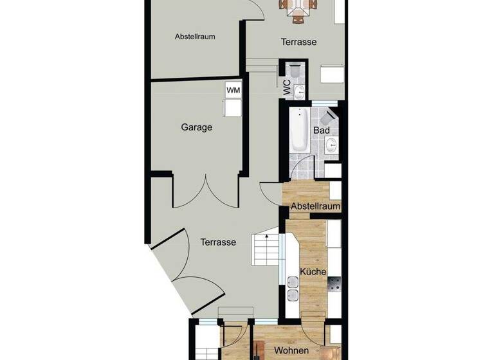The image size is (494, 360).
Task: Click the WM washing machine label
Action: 233,90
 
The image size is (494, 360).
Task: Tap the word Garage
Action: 197,127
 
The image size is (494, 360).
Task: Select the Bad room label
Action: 322,130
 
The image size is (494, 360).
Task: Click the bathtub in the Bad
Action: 299,132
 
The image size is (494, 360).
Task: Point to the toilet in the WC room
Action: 295,71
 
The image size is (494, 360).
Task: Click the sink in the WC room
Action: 299,92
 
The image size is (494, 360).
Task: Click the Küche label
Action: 313,271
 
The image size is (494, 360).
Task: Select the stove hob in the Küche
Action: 334,283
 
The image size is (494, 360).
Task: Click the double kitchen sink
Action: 293,288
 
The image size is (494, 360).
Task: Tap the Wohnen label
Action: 291,350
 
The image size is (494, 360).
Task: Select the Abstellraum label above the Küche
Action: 315,206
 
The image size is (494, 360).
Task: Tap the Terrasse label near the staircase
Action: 218,242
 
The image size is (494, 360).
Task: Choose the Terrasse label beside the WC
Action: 298,42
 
